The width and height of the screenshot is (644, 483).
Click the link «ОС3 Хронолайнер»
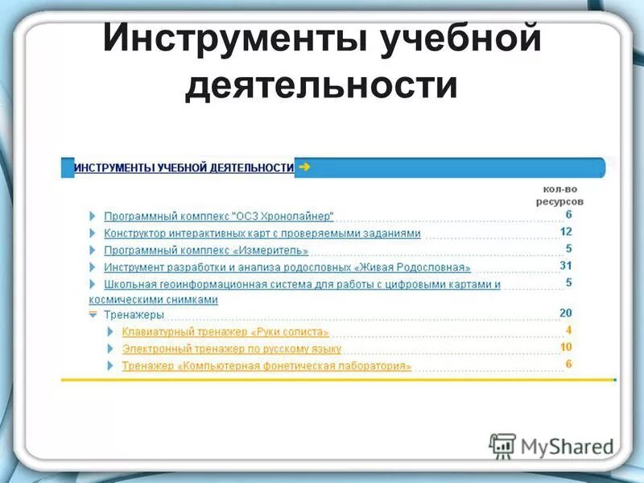[218, 216]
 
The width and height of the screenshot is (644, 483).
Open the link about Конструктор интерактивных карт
[262, 233]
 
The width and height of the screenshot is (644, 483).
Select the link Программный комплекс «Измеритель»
[206, 250]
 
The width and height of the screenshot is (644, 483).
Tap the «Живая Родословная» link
[287, 267]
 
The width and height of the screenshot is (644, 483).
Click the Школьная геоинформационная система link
[302, 284]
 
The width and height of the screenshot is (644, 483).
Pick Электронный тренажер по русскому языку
[232, 349]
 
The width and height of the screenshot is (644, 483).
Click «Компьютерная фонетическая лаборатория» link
[266, 365]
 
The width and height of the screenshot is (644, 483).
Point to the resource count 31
[565, 266]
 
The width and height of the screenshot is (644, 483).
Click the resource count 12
[565, 232]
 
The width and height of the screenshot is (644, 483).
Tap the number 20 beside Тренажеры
[565, 313]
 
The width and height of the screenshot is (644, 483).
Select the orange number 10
[565, 347]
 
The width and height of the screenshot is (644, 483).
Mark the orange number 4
[568, 330]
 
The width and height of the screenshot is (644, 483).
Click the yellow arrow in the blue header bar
[304, 167]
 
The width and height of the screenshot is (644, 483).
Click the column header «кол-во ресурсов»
[561, 195]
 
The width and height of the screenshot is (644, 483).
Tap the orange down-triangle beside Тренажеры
[93, 314]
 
